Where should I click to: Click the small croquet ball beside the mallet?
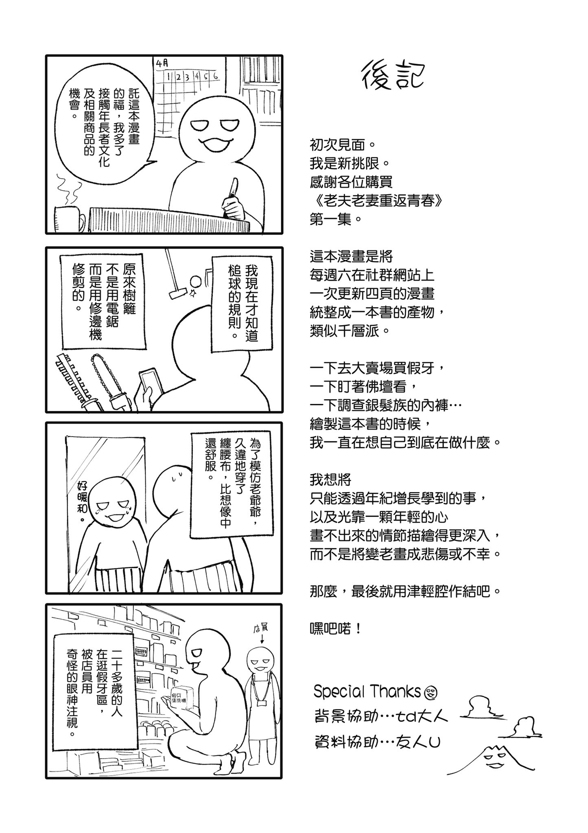click(x=195, y=281)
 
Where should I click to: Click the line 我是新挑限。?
click(x=350, y=164)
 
